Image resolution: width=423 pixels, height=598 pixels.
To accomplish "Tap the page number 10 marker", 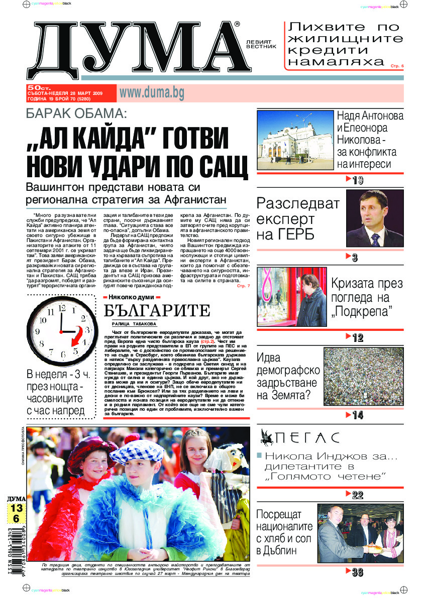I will click(356, 180).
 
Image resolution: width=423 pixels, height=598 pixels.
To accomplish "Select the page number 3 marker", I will click(354, 258).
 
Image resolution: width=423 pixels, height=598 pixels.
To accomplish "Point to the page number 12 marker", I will click(356, 338).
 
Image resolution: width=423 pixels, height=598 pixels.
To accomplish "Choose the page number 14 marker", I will click(356, 415).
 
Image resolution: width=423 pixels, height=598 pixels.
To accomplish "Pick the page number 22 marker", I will click(356, 495).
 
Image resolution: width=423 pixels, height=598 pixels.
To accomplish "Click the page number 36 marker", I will click(356, 572).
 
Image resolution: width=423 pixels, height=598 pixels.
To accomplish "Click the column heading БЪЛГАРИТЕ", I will click(156, 311).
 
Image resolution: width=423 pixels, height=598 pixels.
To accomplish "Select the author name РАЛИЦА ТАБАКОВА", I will click(135, 324).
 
